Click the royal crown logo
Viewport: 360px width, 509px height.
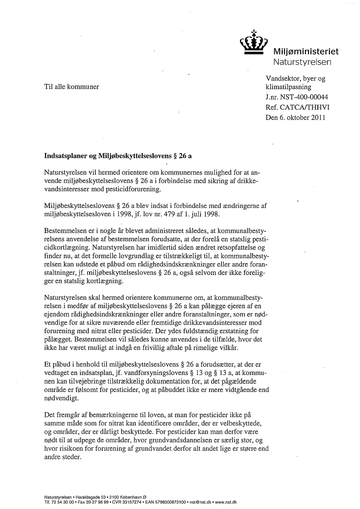tap(254, 43)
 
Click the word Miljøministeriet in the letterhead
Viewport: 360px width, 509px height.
tap(306, 52)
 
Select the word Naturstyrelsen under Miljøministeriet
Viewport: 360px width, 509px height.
tap(302, 62)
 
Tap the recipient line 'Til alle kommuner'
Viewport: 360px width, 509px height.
tap(72, 86)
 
